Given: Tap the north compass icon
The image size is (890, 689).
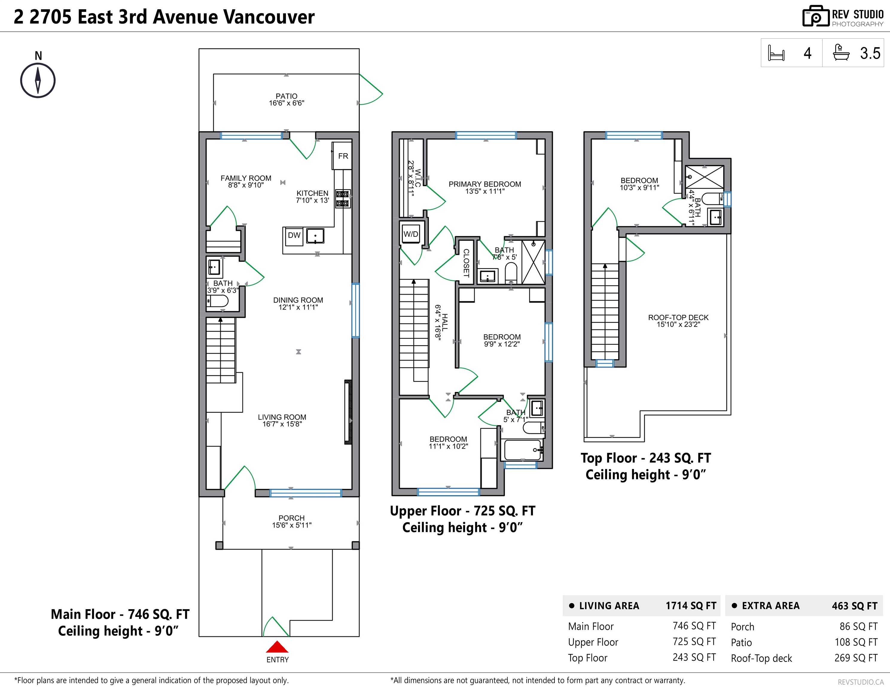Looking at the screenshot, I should pyautogui.click(x=38, y=80).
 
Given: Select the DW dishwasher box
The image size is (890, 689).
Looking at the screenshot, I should pyautogui.click(x=294, y=236).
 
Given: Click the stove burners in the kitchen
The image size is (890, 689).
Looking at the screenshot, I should pyautogui.click(x=342, y=199).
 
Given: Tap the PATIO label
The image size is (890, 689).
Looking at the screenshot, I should pyautogui.click(x=286, y=96).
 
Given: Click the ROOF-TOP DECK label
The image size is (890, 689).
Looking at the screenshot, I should pyautogui.click(x=678, y=317).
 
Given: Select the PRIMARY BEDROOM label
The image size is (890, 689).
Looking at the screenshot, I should pyautogui.click(x=484, y=184).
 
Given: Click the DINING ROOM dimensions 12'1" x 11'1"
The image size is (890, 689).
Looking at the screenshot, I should pyautogui.click(x=298, y=307).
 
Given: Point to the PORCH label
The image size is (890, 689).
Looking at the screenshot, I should pyautogui.click(x=291, y=518).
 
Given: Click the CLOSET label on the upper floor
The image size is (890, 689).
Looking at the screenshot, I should pyautogui.click(x=466, y=263).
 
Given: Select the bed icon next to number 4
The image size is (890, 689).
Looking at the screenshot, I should pyautogui.click(x=776, y=53).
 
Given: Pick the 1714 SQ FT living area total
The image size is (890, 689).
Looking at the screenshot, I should pyautogui.click(x=691, y=606).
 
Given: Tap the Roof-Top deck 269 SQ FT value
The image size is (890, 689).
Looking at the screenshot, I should pyautogui.click(x=856, y=658).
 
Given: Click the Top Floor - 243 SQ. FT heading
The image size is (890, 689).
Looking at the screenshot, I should pyautogui.click(x=645, y=458).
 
